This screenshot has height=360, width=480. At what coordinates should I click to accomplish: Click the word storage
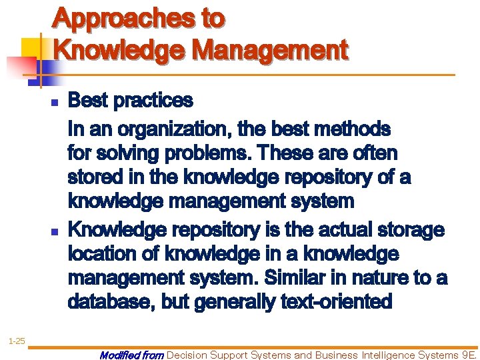(411, 229)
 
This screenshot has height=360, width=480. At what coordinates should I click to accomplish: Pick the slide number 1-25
(16, 341)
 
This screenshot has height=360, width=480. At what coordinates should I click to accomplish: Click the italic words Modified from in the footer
(131, 355)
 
